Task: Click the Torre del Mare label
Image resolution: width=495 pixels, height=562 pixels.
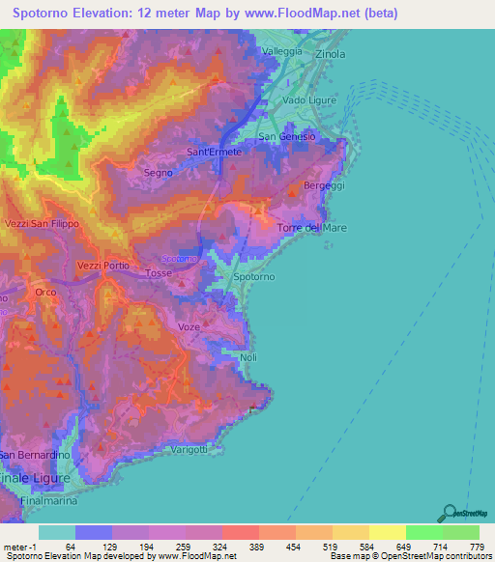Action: (311, 228)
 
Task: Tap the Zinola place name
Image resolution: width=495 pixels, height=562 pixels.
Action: (331, 54)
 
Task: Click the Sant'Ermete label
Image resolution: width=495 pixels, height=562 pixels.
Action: (214, 153)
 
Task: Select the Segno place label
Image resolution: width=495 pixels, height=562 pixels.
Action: (158, 173)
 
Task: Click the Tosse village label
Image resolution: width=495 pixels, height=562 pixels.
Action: (158, 273)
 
